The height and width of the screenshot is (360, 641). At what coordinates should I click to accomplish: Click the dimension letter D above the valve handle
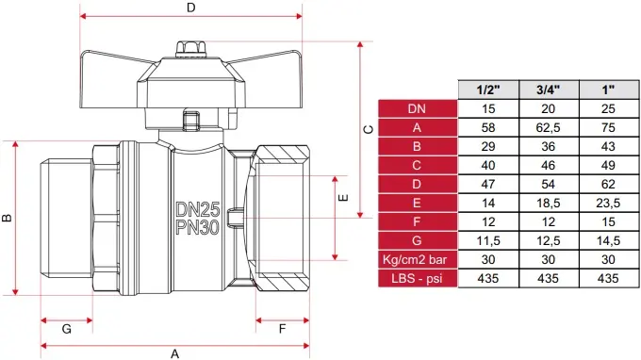click(191, 8)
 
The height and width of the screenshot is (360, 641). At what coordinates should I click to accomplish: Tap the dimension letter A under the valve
click(174, 353)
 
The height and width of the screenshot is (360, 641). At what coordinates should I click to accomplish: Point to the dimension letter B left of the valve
click(7, 218)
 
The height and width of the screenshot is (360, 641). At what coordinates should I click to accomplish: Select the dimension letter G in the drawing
click(67, 329)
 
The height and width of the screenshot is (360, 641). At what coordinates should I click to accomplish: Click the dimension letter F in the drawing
click(282, 329)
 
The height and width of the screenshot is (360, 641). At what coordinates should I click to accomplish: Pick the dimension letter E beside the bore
click(343, 198)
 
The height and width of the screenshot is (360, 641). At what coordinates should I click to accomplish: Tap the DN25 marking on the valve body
click(198, 209)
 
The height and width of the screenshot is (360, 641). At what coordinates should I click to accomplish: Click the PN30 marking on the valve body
click(198, 227)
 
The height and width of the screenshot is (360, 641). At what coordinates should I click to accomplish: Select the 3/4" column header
click(549, 90)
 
